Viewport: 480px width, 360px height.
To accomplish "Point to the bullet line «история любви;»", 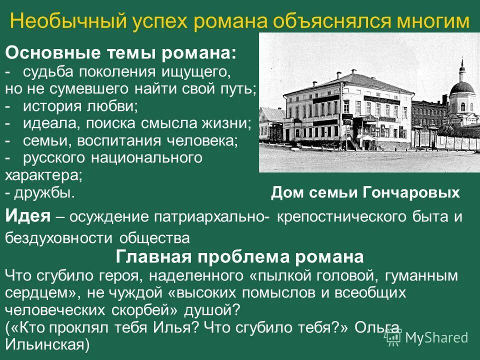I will pyautogui.click(x=80, y=106).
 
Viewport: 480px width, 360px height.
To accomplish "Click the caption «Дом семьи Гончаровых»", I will pyautogui.click(x=365, y=193).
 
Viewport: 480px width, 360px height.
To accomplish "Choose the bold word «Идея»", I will pyautogui.click(x=28, y=216).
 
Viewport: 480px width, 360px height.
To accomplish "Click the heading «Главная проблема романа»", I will pyautogui.click(x=239, y=257).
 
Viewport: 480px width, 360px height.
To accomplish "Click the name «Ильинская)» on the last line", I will pyautogui.click(x=47, y=345).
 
